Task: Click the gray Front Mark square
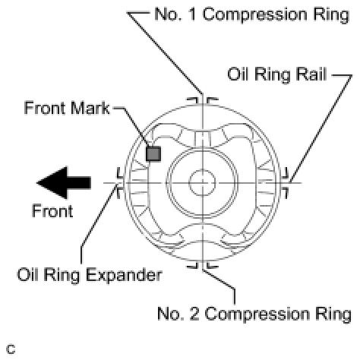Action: (x=153, y=153)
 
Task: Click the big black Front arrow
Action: (x=64, y=182)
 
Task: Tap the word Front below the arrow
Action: (x=52, y=211)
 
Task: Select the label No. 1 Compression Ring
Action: (x=252, y=14)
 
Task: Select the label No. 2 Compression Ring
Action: (x=254, y=314)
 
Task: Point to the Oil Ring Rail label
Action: (x=277, y=74)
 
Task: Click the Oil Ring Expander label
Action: (x=90, y=275)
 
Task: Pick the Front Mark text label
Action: (x=67, y=108)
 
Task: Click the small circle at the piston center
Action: (x=202, y=182)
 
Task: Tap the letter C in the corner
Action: (x=11, y=349)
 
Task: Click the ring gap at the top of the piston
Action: (x=202, y=101)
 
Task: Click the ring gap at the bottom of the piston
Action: (x=202, y=264)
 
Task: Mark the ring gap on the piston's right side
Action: (x=285, y=183)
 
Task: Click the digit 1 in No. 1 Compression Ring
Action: (x=192, y=14)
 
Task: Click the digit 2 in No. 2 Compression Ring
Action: (x=194, y=314)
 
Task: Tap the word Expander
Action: (x=124, y=275)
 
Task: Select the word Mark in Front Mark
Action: (x=90, y=108)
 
